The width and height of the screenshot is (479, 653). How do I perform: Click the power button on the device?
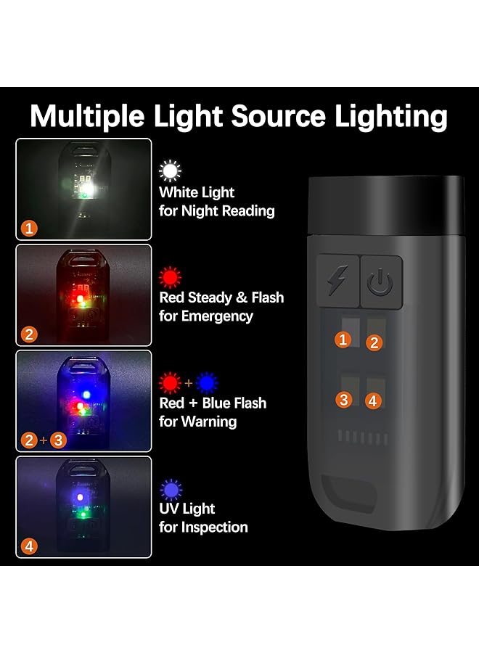click(x=381, y=282)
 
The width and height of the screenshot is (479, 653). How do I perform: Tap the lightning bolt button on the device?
click(x=338, y=282)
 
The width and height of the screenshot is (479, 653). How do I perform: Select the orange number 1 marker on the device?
click(x=343, y=339)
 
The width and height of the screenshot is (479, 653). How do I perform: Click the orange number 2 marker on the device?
click(x=374, y=342)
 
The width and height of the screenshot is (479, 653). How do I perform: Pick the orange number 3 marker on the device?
click(x=343, y=399)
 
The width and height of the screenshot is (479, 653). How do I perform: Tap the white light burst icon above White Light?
click(x=170, y=171)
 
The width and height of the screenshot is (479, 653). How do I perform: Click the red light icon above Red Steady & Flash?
click(x=170, y=276)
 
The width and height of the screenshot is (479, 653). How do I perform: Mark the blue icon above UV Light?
click(x=170, y=488)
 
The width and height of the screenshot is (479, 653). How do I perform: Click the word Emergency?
click(x=218, y=316)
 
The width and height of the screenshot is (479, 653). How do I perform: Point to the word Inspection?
click(x=215, y=527)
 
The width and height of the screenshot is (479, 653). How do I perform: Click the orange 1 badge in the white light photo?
click(x=28, y=229)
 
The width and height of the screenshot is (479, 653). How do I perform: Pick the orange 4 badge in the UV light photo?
click(x=28, y=546)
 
